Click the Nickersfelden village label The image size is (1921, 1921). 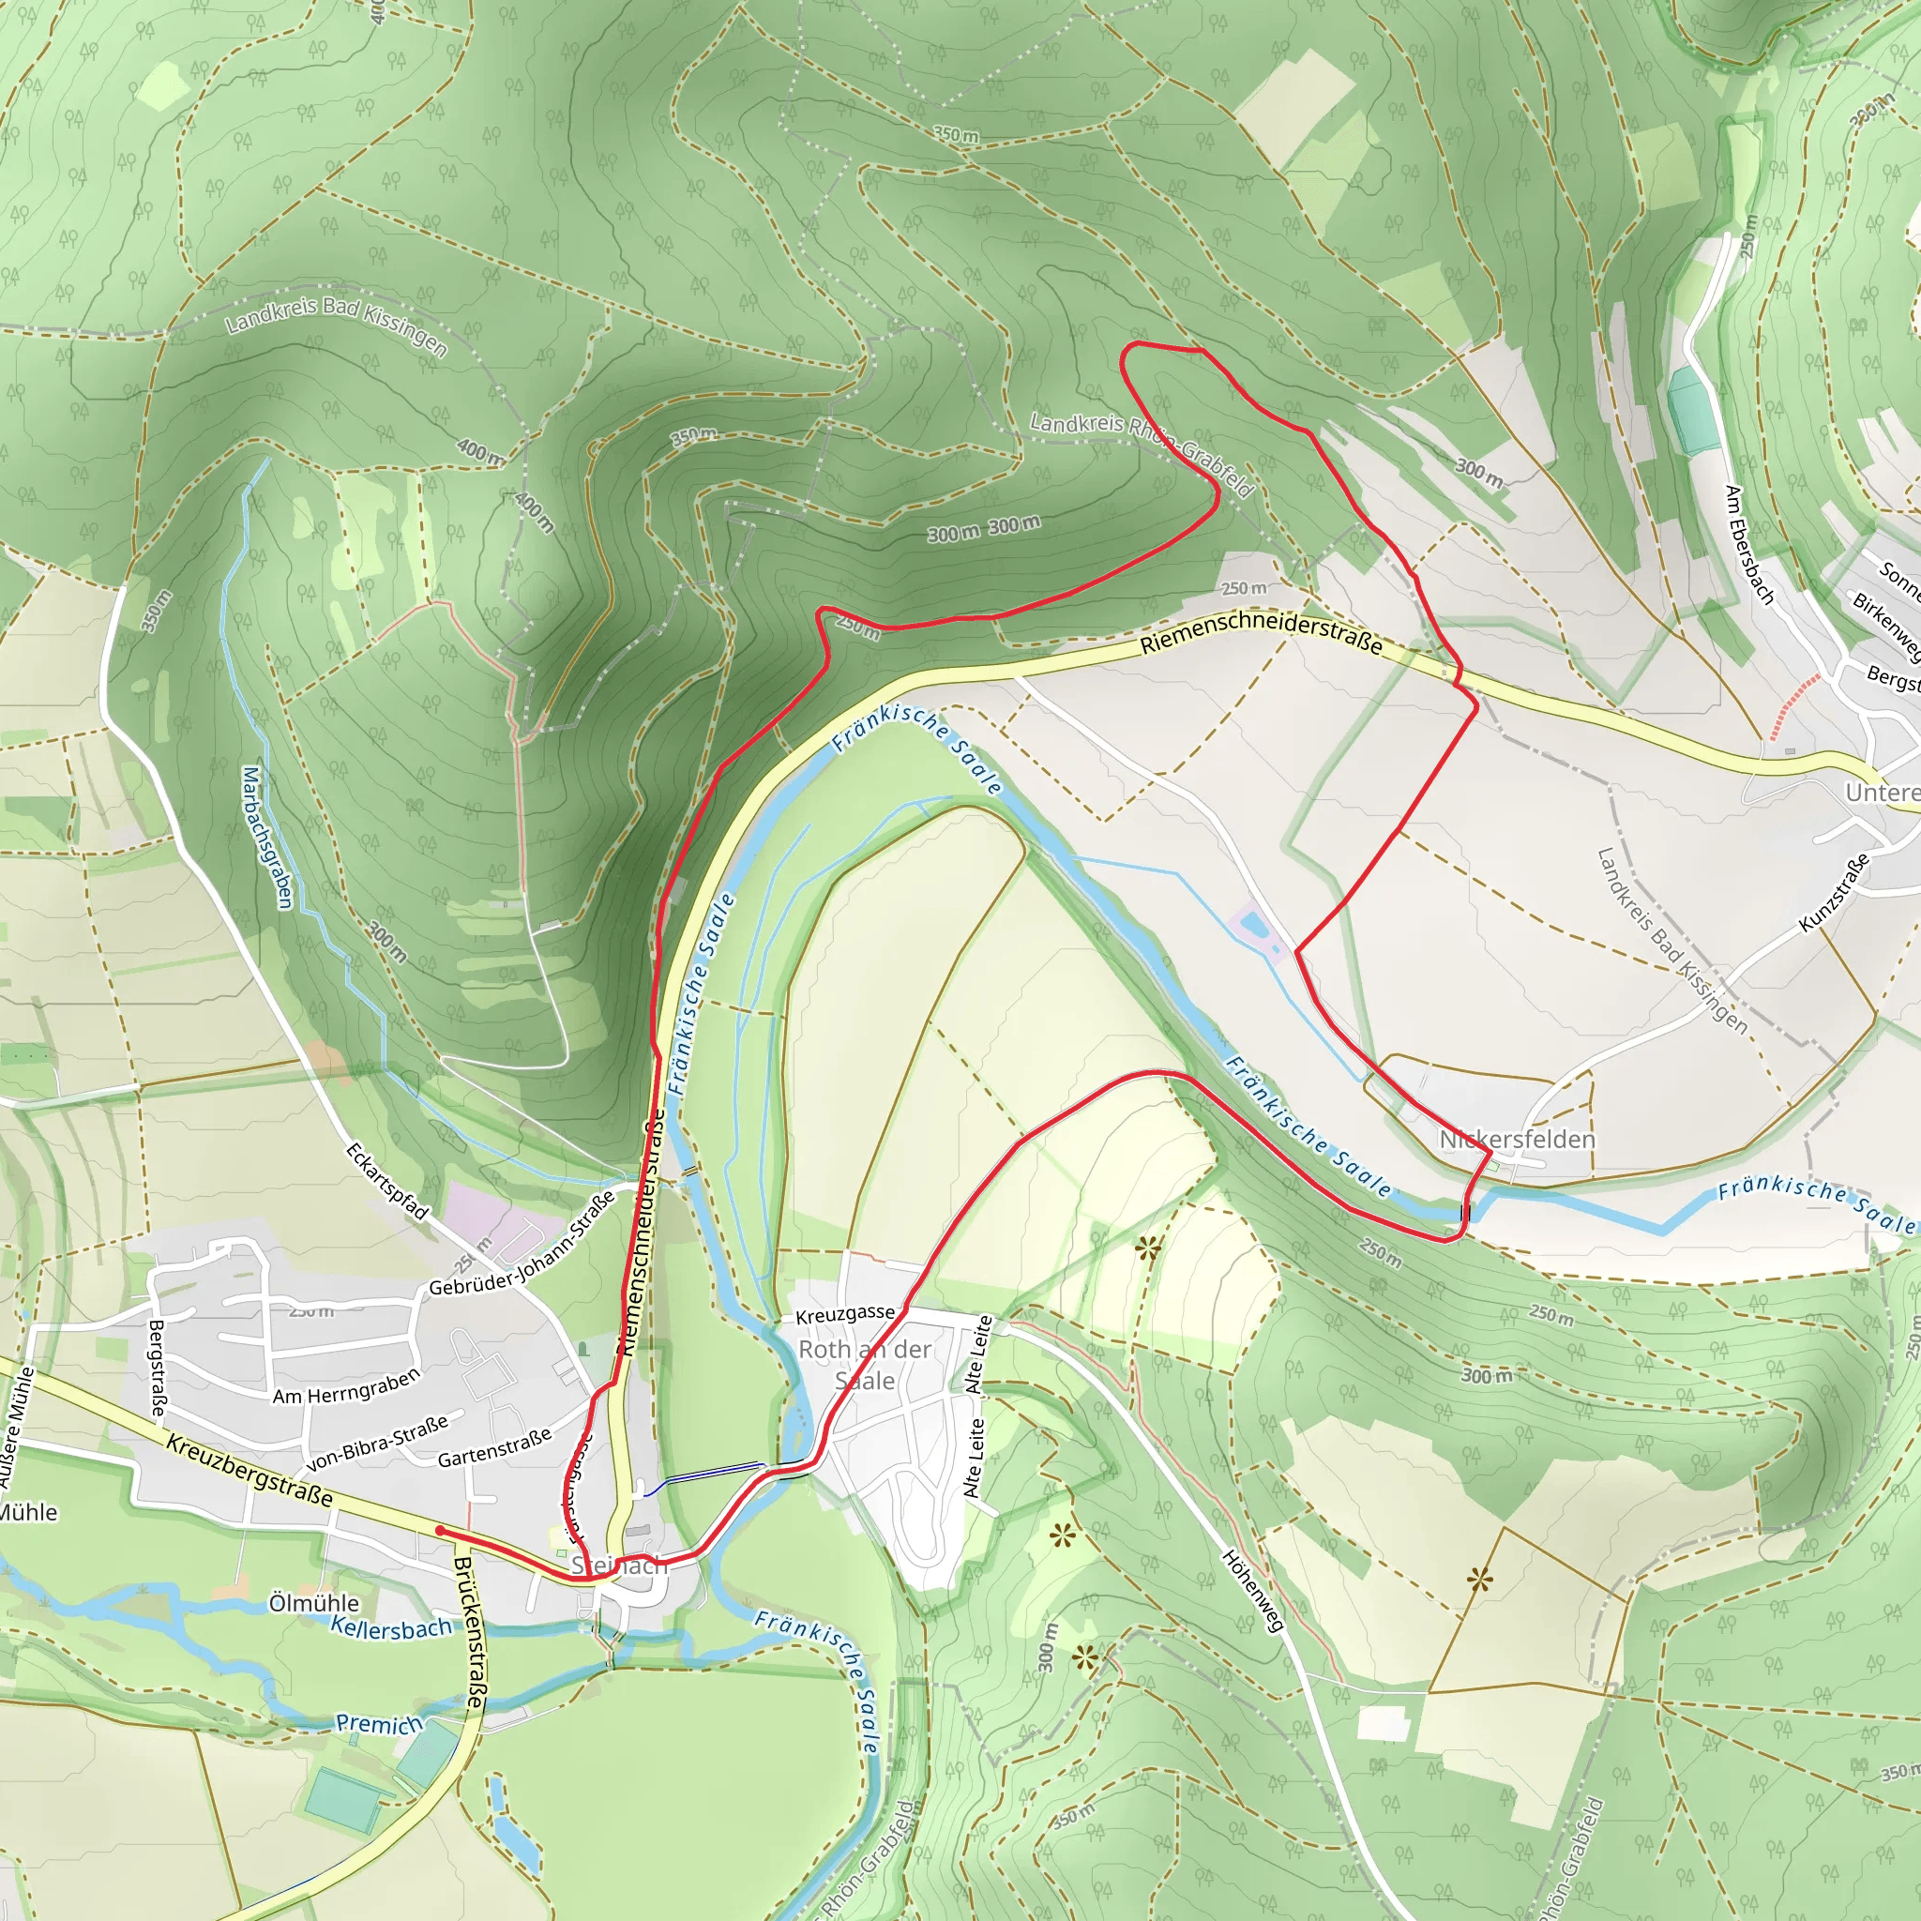coord(1518,1140)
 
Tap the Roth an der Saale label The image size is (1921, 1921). coord(864,1364)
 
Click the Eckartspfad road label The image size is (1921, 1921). coord(386,1181)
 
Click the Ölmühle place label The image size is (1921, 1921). coord(314,1603)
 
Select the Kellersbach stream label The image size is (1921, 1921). coord(391,1627)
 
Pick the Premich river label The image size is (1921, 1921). coord(379,1723)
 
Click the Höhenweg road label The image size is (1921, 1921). coord(1253,1591)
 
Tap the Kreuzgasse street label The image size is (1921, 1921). coord(845,1314)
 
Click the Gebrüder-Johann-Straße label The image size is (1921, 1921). coord(521,1244)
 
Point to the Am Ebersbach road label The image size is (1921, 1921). coord(1749,544)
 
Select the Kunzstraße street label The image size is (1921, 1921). coord(1834,892)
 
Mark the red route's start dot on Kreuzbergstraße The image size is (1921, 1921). coord(440,1531)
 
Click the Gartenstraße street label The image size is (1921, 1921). coord(494,1448)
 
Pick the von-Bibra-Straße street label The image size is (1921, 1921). coord(378,1444)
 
